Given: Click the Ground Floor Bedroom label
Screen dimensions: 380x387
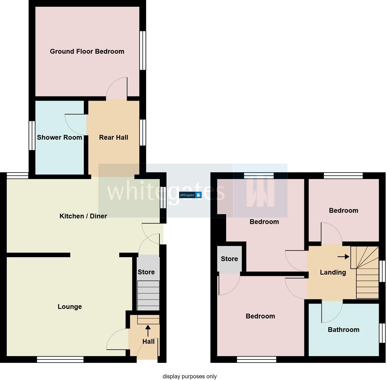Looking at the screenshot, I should tap(87, 51).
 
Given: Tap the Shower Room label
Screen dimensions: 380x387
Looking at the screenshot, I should tap(59, 137).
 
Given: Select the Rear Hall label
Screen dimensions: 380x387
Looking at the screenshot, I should tap(113, 137).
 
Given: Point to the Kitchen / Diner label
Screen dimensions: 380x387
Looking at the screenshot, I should tap(83, 216).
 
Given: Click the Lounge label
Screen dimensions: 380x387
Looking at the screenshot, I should tap(70, 307).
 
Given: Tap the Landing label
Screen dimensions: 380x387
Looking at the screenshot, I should tap(333, 272).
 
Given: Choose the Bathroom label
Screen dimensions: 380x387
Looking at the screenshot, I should tap(343, 330).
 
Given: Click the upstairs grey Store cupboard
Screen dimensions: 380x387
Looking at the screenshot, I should tap(229, 259).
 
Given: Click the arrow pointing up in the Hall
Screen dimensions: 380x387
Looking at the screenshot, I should tap(148, 330).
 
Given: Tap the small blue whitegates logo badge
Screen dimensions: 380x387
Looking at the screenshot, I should tap(190, 195).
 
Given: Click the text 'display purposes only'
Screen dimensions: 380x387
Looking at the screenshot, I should tap(190, 376).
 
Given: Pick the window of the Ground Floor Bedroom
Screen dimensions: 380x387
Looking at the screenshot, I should tap(143, 50).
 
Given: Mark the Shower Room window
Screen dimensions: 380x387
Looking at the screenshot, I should tap(32, 135).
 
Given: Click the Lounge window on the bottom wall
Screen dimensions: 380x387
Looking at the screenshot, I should tap(60, 359).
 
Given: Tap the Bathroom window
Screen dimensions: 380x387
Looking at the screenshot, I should tap(382, 333).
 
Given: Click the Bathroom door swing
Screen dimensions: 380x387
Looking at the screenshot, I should tap(332, 311).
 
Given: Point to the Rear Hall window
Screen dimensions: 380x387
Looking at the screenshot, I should tap(143, 133).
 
